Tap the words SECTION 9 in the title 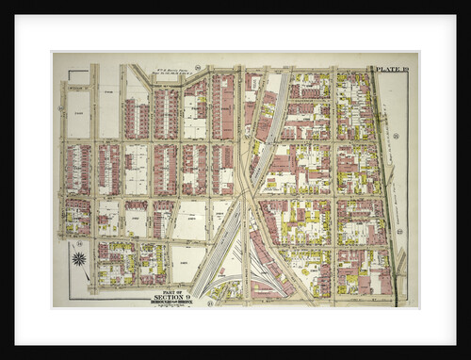tap(172, 297)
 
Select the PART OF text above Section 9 tap(172, 290)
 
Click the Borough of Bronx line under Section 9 tap(172, 303)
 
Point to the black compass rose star tap(79, 258)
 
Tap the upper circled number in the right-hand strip tap(398, 137)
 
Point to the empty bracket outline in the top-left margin tap(78, 75)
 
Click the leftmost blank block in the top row tap(78, 113)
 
